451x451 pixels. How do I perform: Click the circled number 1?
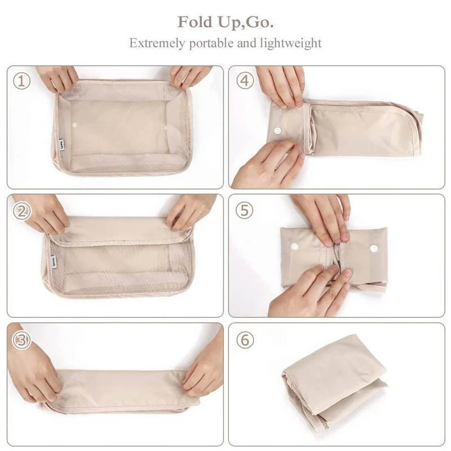[x=21, y=81]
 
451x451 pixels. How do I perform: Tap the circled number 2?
[x=21, y=211]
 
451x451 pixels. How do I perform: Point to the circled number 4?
[x=245, y=81]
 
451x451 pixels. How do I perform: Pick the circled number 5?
[x=245, y=211]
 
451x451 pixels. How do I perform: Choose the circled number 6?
[x=245, y=341]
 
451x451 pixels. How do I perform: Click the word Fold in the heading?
[x=194, y=23]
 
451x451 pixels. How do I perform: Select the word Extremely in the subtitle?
[x=156, y=43]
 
